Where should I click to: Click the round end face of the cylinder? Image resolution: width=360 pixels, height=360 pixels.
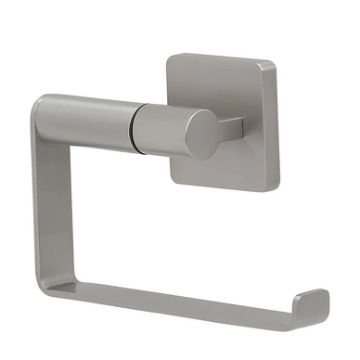[203, 134]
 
